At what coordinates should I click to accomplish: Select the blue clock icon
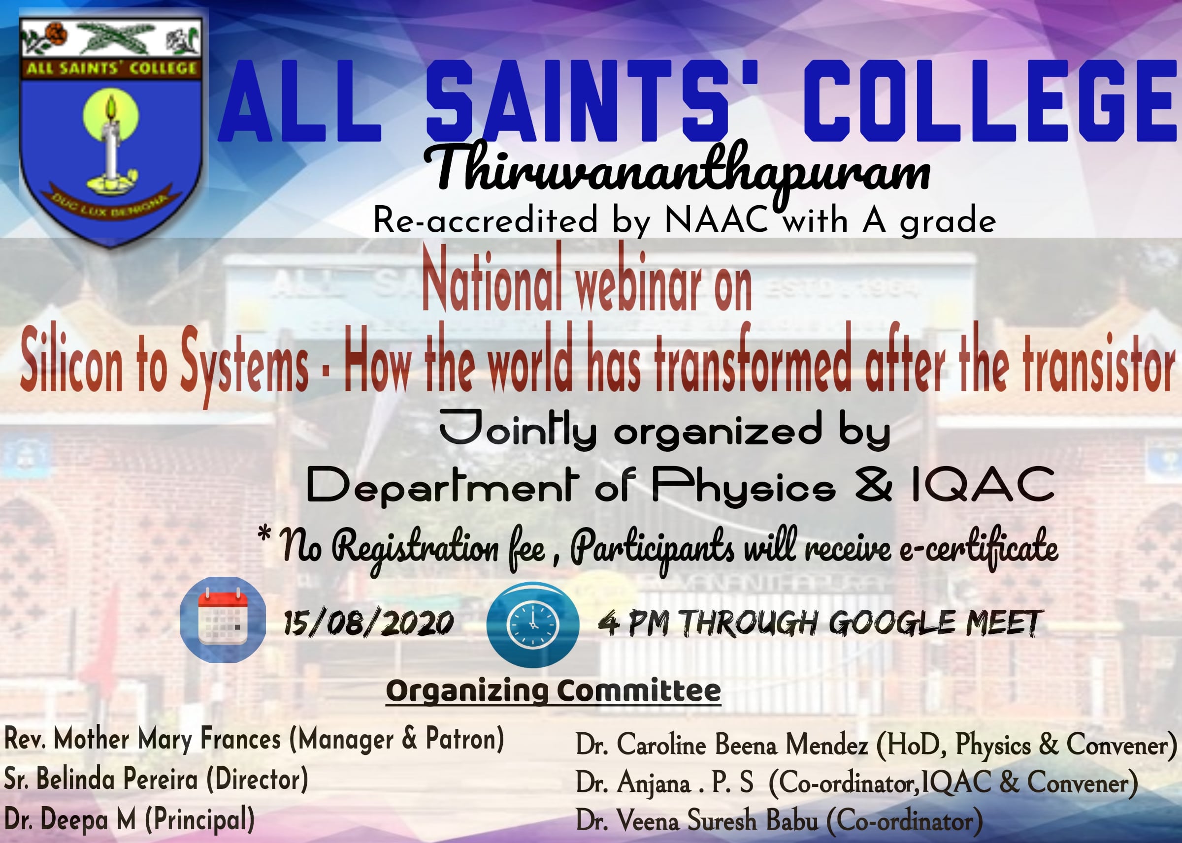tap(532, 624)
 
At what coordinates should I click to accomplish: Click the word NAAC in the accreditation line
tap(716, 220)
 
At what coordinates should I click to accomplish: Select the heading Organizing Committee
tap(553, 691)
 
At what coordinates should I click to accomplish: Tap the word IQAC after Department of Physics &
tap(983, 484)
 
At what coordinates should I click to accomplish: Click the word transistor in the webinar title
tap(1098, 362)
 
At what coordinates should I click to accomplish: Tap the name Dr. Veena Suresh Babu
tap(697, 821)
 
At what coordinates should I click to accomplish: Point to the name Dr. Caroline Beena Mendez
tap(722, 744)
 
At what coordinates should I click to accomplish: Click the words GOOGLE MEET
tap(935, 624)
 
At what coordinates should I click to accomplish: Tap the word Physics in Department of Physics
tap(744, 485)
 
